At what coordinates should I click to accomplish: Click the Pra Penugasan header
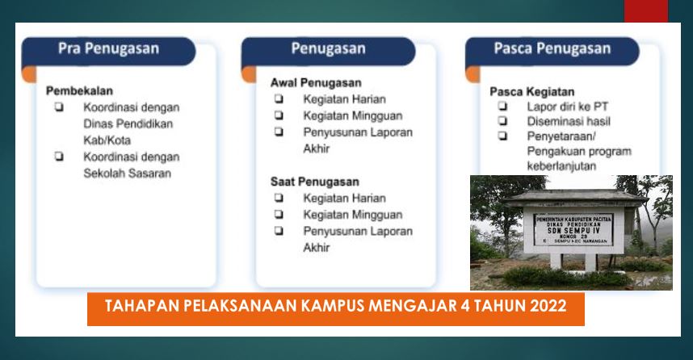108,49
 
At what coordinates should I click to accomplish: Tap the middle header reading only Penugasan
328,49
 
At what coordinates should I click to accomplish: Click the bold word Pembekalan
79,90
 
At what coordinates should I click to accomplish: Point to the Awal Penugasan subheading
316,82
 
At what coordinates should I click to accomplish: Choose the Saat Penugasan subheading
315,182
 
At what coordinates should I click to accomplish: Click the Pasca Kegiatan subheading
532,91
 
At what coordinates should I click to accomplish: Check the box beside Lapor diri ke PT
502,107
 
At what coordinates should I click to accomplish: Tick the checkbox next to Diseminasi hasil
502,121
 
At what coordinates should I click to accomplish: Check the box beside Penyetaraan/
502,136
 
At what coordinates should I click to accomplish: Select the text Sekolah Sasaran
127,173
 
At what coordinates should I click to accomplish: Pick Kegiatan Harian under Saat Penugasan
344,198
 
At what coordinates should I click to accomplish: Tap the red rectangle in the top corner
645,10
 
